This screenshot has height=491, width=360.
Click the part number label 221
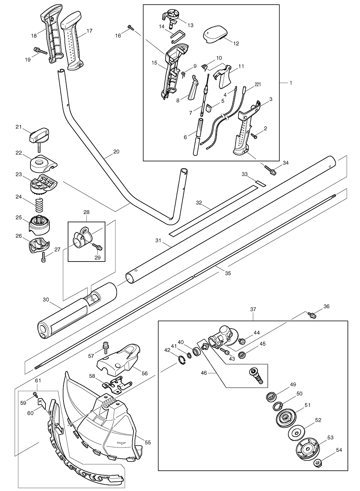[258, 84]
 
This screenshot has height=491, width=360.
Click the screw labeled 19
[41, 51]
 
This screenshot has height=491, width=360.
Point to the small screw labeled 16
[131, 27]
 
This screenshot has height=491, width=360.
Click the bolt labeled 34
[270, 170]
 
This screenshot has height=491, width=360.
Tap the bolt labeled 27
[43, 257]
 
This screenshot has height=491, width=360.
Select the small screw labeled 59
[35, 394]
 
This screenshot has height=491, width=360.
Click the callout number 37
[253, 309]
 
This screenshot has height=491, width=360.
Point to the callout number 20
[117, 152]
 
